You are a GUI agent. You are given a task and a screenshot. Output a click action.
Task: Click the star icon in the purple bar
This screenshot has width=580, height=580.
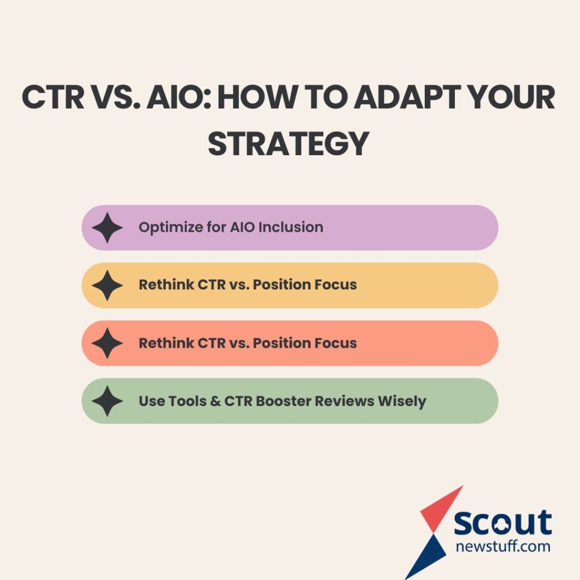click(x=107, y=228)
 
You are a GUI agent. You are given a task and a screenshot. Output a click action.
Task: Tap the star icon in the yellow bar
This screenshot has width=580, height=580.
click(x=107, y=285)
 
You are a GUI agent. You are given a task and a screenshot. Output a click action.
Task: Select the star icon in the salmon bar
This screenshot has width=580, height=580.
click(x=107, y=343)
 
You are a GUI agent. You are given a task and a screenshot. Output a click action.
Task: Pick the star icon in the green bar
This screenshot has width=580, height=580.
click(x=107, y=401)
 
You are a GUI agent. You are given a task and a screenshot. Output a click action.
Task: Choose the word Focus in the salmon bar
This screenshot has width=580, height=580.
click(x=338, y=343)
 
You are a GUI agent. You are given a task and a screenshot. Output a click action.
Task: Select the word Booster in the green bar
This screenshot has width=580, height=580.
click(x=285, y=402)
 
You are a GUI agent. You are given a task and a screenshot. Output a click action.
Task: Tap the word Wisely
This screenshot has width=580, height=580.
click(x=402, y=402)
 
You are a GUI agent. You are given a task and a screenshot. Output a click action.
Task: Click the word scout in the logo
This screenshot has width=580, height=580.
click(x=502, y=522)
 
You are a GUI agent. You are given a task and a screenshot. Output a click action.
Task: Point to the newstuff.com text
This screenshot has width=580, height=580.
click(x=503, y=547)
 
